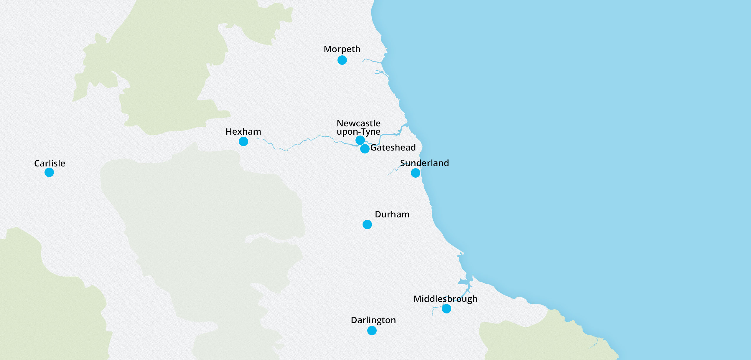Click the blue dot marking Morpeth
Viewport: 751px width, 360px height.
(342, 60)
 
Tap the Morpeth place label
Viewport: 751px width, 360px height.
(342, 49)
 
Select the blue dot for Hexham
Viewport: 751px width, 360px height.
(243, 141)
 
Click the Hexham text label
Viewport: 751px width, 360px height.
(243, 131)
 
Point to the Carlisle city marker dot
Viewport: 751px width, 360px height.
(49, 172)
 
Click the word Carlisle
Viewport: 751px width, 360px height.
(50, 163)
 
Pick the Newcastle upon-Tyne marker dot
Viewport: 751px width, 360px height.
(360, 140)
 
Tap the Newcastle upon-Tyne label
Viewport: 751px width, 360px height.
(358, 127)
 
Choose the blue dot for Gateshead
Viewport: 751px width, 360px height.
(365, 149)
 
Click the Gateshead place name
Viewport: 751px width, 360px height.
(393, 147)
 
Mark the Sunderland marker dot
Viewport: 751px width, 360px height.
(415, 173)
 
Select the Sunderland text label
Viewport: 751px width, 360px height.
(424, 163)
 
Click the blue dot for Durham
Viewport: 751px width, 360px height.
(367, 224)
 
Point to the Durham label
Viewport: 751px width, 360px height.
(392, 214)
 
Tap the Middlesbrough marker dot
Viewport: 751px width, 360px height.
(446, 309)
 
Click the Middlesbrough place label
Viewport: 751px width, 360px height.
(445, 299)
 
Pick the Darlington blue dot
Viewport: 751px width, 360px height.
(372, 331)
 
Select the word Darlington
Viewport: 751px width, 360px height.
(373, 320)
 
